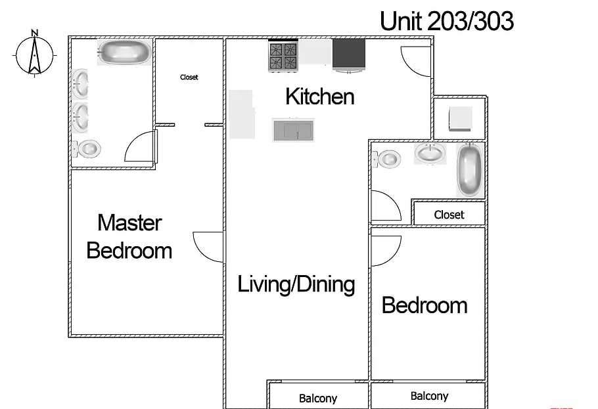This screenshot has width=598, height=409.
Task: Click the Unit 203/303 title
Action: (447, 21)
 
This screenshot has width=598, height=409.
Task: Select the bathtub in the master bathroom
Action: (125, 53)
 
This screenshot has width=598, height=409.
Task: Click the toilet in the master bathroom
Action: (87, 148)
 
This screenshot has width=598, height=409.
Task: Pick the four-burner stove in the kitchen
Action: (283, 56)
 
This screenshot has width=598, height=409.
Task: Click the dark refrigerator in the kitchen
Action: (349, 54)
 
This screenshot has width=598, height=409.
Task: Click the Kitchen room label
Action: (320, 97)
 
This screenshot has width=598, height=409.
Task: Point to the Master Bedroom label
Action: (129, 237)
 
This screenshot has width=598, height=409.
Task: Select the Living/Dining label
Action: (296, 284)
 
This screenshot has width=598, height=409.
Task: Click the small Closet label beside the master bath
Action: (189, 77)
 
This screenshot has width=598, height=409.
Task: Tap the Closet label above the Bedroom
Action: (449, 215)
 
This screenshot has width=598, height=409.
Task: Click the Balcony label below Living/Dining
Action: (318, 398)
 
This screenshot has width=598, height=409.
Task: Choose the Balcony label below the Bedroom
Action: (429, 397)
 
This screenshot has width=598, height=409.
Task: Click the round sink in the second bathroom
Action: (430, 154)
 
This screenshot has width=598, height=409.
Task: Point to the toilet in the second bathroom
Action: (386, 159)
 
